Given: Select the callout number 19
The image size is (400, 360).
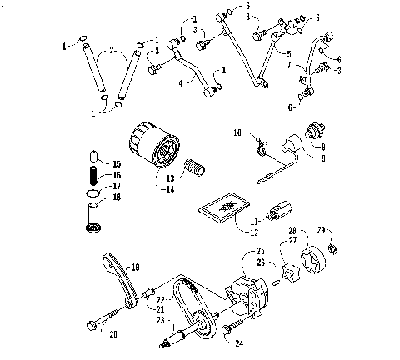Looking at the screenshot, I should (135, 267).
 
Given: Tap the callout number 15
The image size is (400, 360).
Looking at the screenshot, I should (116, 164).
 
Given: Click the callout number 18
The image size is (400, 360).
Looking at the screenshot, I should (116, 197).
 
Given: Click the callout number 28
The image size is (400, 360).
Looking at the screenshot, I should (292, 230).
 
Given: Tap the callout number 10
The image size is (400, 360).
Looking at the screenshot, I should (237, 131).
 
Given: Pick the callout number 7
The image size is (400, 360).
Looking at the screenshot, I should (289, 63).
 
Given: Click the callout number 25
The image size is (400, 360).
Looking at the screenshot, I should (259, 250).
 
